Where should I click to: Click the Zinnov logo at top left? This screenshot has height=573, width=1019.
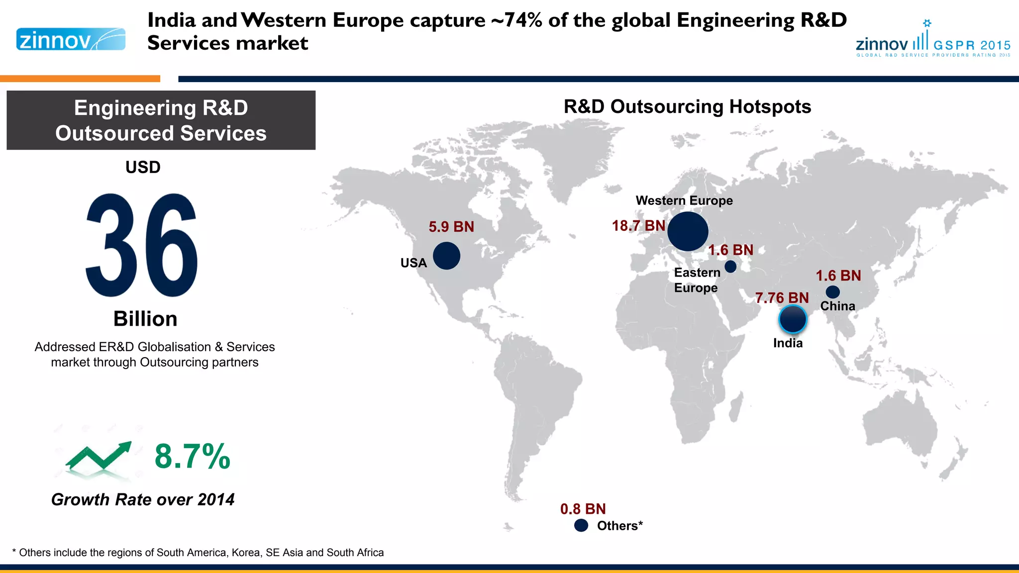click(x=71, y=39)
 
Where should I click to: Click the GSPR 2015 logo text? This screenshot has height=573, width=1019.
click(x=971, y=45)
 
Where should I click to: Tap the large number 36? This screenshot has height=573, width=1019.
click(x=142, y=246)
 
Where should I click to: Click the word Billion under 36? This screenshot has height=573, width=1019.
click(x=145, y=319)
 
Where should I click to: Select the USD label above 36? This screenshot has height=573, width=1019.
click(x=143, y=167)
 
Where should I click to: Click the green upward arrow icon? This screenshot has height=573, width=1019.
click(x=99, y=456)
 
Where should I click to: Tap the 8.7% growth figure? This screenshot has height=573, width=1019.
click(x=192, y=456)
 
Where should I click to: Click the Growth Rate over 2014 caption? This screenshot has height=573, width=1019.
click(x=143, y=499)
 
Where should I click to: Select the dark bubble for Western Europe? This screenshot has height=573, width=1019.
click(x=688, y=231)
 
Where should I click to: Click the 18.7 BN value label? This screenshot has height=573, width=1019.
click(x=638, y=226)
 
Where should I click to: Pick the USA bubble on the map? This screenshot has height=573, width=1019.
click(x=446, y=256)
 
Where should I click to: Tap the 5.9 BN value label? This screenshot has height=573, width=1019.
click(x=451, y=227)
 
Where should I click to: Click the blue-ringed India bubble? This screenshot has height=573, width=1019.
click(x=792, y=319)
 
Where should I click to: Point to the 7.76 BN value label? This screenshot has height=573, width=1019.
click(x=782, y=298)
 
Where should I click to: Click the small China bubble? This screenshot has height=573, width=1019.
click(x=832, y=292)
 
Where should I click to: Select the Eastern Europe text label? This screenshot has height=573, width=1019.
click(x=697, y=280)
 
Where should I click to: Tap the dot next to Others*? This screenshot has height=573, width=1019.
click(x=581, y=525)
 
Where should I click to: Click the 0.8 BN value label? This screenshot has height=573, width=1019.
click(x=583, y=509)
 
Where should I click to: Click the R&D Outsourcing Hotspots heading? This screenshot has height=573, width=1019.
click(x=687, y=106)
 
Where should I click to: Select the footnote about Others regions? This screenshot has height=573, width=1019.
click(x=198, y=553)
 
